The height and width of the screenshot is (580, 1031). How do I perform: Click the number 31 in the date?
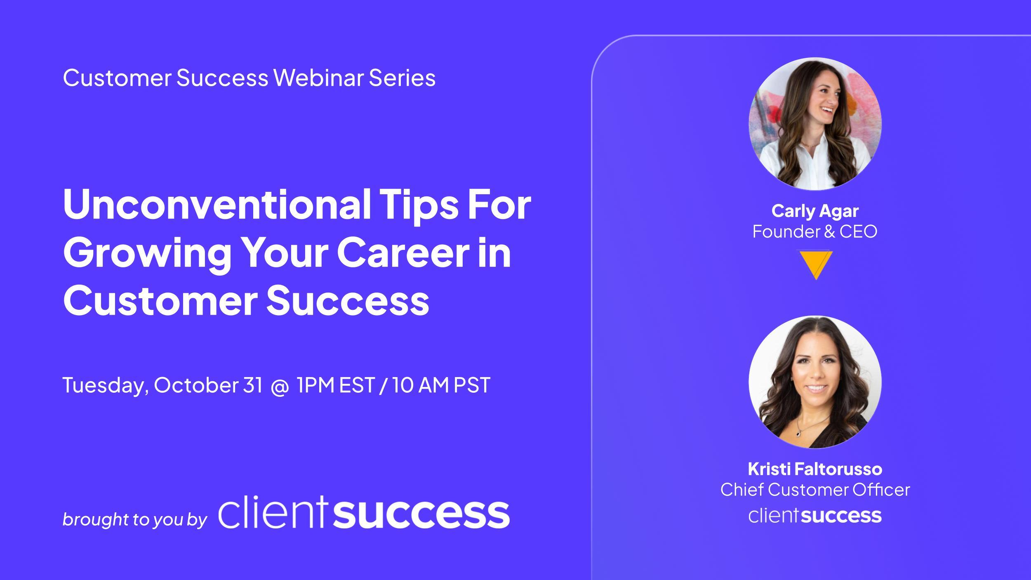pyautogui.click(x=253, y=385)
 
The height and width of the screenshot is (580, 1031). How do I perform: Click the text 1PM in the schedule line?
pyautogui.click(x=315, y=385)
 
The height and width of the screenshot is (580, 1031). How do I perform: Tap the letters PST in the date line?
pyautogui.click(x=472, y=385)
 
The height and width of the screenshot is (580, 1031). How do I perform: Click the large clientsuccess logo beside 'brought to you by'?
pyautogui.click(x=364, y=514)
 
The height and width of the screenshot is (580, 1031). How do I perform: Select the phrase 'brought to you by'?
pyautogui.click(x=134, y=519)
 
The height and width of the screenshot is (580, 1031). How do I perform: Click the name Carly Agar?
pyautogui.click(x=815, y=211)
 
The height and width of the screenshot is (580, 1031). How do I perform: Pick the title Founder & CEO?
pyautogui.click(x=815, y=231)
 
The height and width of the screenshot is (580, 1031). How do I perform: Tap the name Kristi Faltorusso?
pyautogui.click(x=815, y=469)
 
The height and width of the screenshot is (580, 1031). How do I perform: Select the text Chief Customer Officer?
pyautogui.click(x=815, y=490)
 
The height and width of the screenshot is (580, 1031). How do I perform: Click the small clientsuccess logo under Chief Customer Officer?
pyautogui.click(x=815, y=516)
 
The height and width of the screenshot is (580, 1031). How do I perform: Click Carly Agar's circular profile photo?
pyautogui.click(x=815, y=124)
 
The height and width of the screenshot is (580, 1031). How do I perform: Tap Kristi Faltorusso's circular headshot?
pyautogui.click(x=815, y=382)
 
